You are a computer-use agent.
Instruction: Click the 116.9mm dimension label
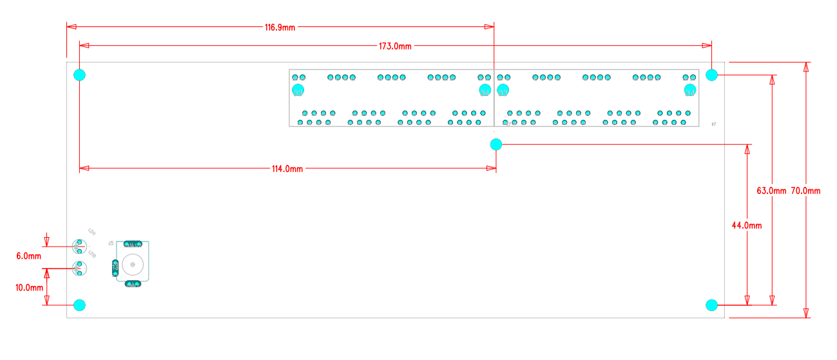pyautogui.click(x=280, y=28)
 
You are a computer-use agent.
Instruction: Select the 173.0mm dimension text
pyautogui.click(x=395, y=46)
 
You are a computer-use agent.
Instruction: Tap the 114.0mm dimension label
pyautogui.click(x=287, y=169)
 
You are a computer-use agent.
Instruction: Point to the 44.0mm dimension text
pyautogui.click(x=747, y=225)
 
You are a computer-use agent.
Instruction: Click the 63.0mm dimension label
pyautogui.click(x=771, y=191)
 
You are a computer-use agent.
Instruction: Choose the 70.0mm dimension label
pyautogui.click(x=805, y=191)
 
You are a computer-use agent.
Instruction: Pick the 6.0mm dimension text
pyautogui.click(x=28, y=256)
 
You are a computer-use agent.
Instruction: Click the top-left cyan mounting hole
pyautogui.click(x=79, y=75)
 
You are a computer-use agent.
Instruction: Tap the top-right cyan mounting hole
pyautogui.click(x=711, y=75)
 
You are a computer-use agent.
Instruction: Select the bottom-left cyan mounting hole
pyautogui.click(x=79, y=305)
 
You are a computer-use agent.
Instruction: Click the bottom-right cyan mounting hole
pyautogui.click(x=711, y=305)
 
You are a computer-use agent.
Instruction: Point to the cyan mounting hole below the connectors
pyautogui.click(x=495, y=144)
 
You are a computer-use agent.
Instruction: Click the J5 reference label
pyautogui.click(x=111, y=243)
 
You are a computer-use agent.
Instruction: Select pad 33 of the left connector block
pyautogui.click(x=298, y=91)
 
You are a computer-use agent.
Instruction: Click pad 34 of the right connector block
pyautogui.click(x=690, y=91)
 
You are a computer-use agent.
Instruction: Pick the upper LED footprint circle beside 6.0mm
pyautogui.click(x=79, y=247)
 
